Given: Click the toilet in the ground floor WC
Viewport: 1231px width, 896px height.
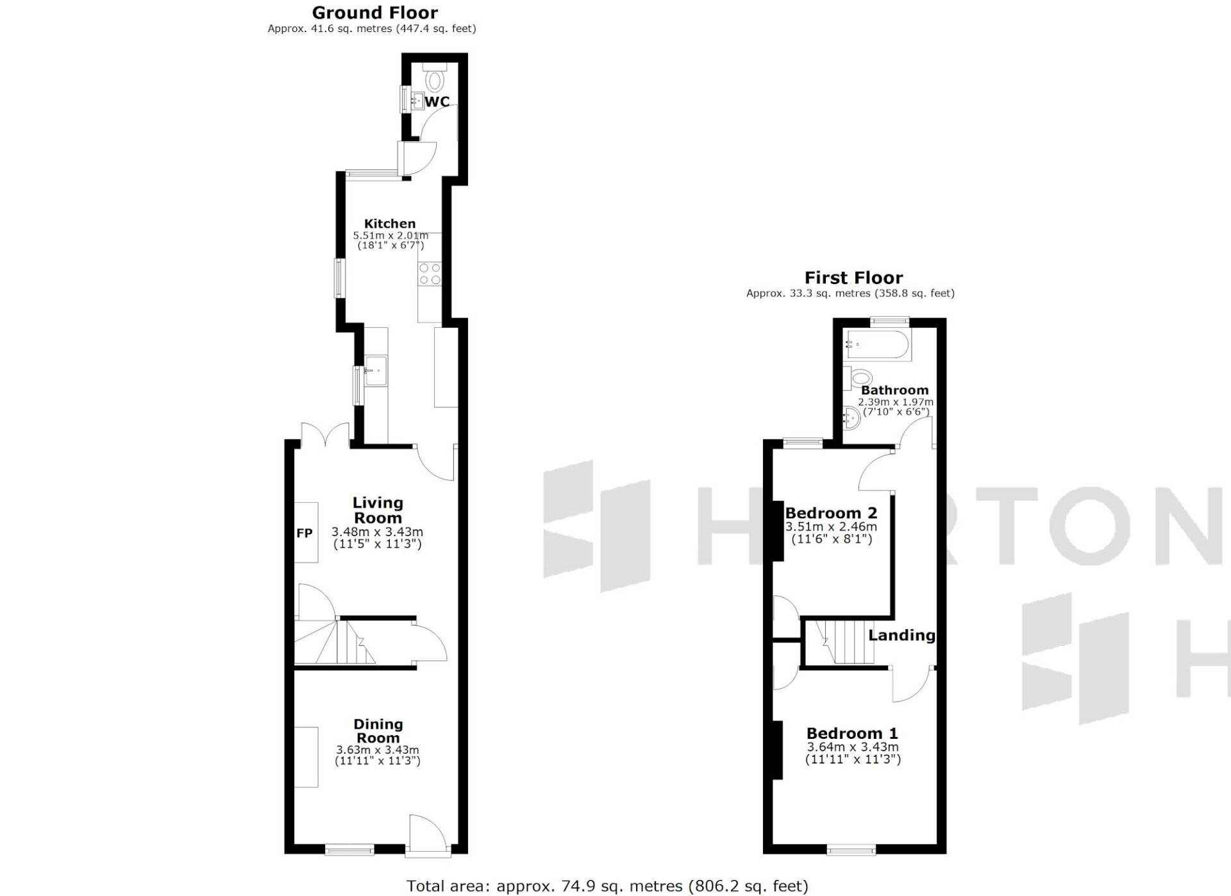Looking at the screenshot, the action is pyautogui.click(x=435, y=78).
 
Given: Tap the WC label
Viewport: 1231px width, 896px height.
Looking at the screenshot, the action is pyautogui.click(x=437, y=102).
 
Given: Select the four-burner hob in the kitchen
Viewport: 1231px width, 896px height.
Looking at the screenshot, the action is pyautogui.click(x=430, y=274).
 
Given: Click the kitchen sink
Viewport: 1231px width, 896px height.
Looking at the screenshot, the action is pyautogui.click(x=376, y=370).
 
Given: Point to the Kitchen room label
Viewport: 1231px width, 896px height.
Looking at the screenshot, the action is pyautogui.click(x=390, y=224).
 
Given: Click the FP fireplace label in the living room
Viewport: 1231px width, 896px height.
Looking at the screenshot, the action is pyautogui.click(x=305, y=533).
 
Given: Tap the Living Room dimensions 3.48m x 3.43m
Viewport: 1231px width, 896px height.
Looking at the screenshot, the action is pyautogui.click(x=378, y=532).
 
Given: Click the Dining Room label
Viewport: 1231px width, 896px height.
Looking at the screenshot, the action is pyautogui.click(x=378, y=731).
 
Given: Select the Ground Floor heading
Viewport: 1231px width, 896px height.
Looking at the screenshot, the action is pyautogui.click(x=375, y=13).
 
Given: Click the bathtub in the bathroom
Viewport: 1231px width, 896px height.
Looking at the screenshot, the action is pyautogui.click(x=876, y=345).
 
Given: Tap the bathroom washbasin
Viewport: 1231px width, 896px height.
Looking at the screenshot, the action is pyautogui.click(x=853, y=418).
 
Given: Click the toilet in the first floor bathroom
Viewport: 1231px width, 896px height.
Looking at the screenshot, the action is pyautogui.click(x=858, y=377).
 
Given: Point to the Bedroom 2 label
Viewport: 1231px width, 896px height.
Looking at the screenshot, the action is pyautogui.click(x=831, y=513).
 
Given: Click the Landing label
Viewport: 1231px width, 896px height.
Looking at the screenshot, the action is pyautogui.click(x=902, y=635).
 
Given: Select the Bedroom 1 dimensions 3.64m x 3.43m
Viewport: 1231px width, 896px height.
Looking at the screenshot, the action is pyautogui.click(x=853, y=747).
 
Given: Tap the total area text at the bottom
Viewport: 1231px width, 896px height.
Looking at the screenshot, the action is pyautogui.click(x=608, y=886).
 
